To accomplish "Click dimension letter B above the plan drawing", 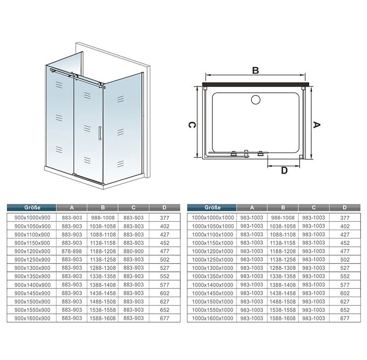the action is pos(256,70).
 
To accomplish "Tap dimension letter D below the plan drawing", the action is pos(284,170).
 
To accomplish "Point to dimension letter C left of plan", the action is pos(191,125).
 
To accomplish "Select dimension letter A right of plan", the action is pos(317,125).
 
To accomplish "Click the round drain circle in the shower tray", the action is pos(256,100).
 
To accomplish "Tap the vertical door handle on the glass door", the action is pos(100,133).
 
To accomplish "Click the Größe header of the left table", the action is pos(32,208).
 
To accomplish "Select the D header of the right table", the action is pos(345,208).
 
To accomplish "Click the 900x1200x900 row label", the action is pos(32,251).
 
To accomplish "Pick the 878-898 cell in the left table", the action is pos(72,251).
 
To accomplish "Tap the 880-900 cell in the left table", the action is pos(133,251).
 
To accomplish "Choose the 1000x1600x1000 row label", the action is pos(212,318).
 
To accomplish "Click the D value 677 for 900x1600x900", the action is pos(165,318).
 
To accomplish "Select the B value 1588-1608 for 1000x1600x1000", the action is pos(283,318).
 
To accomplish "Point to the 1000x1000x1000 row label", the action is pos(212,218).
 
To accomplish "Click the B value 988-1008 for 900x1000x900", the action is pos(103,218).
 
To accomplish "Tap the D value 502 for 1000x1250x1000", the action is pos(345,260).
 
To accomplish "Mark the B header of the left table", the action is pos(103,208).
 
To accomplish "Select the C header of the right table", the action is pos(314,208).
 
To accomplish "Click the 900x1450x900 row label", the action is pos(32,293).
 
